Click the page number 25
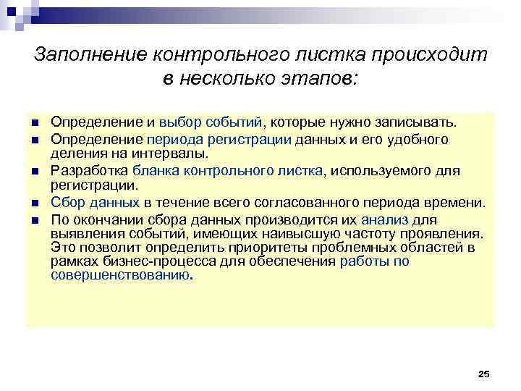coord(484,373)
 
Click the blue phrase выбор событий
coord(212,124)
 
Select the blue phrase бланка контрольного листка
coord(230,171)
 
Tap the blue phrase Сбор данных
coord(94,203)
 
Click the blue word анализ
coord(384,219)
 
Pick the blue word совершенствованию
coord(119,276)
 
